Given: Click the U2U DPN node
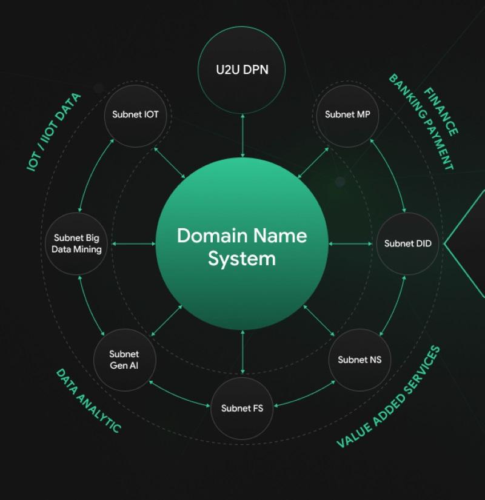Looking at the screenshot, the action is pyautogui.click(x=242, y=69).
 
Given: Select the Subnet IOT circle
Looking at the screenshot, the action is pyautogui.click(x=135, y=114).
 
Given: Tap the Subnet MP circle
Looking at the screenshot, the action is pyautogui.click(x=347, y=114).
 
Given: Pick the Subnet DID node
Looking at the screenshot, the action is pyautogui.click(x=407, y=243).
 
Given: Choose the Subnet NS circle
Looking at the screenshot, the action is pyautogui.click(x=360, y=360).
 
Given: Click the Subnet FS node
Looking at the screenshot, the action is pyautogui.click(x=242, y=408).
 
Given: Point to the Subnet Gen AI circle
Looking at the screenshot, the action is pyautogui.click(x=124, y=360).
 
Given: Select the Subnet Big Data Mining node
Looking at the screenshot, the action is pyautogui.click(x=77, y=243).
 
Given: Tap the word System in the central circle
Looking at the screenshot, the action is pyautogui.click(x=242, y=258).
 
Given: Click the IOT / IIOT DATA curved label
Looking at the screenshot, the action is pyautogui.click(x=53, y=133).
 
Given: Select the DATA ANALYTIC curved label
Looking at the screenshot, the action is pyautogui.click(x=89, y=400).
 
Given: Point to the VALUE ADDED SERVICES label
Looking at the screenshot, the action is pyautogui.click(x=389, y=397).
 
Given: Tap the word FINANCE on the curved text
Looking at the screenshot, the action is pyautogui.click(x=441, y=111).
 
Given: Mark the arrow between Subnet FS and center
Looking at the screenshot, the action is pyautogui.click(x=242, y=352).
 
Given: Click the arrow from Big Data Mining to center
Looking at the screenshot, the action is pyautogui.click(x=133, y=244).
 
